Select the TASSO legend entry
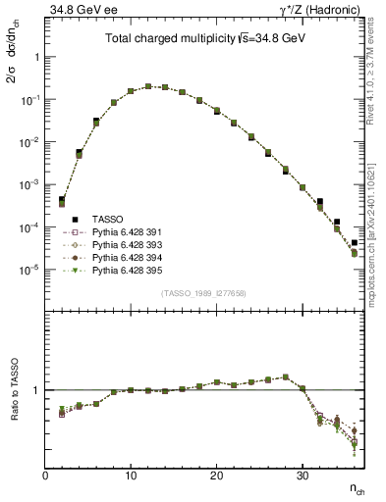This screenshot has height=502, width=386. tap(108, 219)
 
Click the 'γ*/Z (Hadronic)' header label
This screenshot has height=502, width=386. tap(320, 10)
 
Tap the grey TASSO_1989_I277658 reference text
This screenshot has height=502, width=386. tap(204, 293)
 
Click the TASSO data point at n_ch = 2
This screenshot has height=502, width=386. tap(62, 200)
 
